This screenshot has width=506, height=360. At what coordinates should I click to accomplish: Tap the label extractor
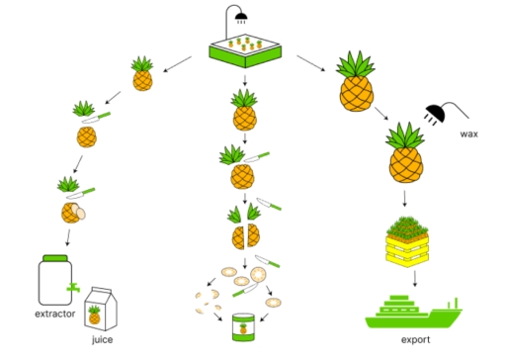coord(55,314)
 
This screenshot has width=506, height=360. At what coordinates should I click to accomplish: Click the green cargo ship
coord(410,311)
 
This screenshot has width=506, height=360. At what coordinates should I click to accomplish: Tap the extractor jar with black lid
coord(55,280)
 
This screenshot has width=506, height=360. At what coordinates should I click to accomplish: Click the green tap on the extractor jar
coord(72,287)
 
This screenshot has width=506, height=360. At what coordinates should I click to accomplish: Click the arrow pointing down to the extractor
coord(68,238)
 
